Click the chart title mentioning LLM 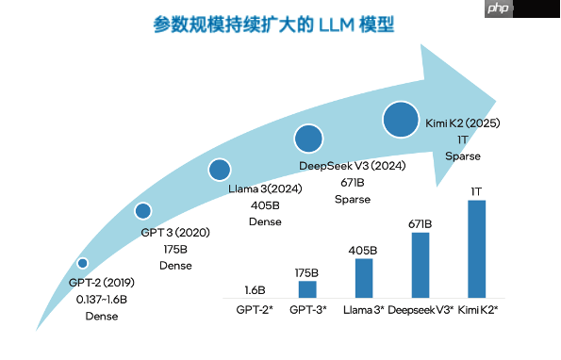(273, 25)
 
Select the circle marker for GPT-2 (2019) (83, 263)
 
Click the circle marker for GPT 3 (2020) (143, 211)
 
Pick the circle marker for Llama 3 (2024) (220, 170)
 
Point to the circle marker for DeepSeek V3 (309, 139)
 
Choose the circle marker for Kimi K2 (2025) (401, 120)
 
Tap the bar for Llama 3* (363, 278)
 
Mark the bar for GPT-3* (306, 289)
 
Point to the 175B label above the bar (306, 272)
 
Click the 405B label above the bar (363, 251)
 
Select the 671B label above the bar (421, 224)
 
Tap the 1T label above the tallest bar (477, 192)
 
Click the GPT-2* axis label (254, 309)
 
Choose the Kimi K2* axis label (478, 309)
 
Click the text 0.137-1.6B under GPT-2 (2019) (102, 300)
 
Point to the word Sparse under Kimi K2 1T (462, 156)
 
